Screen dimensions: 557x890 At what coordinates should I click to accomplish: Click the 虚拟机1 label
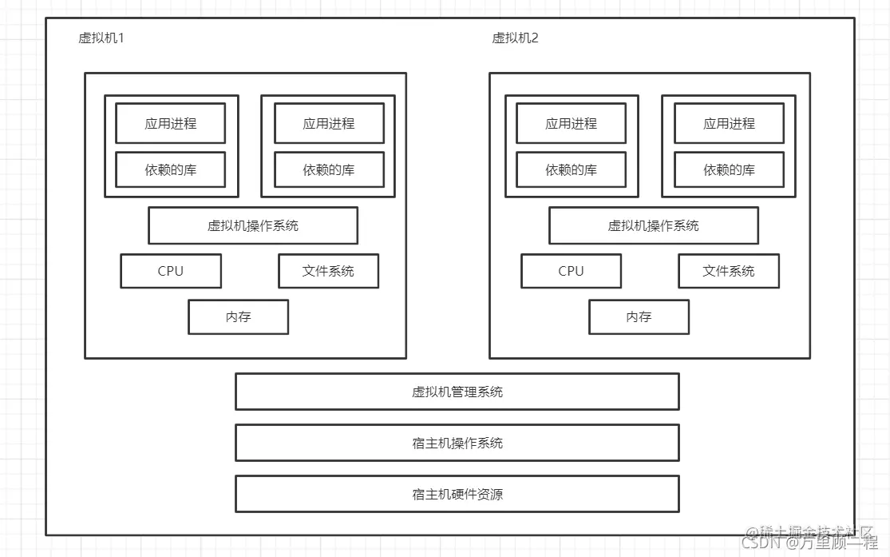tap(101, 38)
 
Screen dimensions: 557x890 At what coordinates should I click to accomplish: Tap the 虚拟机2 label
tap(515, 38)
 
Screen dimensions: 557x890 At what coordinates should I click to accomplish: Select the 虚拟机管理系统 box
tap(457, 392)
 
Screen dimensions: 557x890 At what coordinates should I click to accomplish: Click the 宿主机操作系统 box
tap(457, 443)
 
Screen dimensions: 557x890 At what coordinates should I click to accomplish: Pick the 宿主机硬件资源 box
tap(457, 494)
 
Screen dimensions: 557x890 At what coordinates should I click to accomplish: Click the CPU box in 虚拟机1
tap(171, 271)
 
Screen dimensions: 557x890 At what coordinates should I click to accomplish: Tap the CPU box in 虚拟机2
tap(571, 271)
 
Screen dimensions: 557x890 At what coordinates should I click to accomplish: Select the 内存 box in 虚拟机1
tap(238, 317)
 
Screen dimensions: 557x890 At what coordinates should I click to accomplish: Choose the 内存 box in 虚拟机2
tap(639, 317)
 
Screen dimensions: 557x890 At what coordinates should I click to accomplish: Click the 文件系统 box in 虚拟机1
tap(328, 271)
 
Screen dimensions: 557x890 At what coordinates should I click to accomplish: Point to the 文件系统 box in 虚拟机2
tap(728, 271)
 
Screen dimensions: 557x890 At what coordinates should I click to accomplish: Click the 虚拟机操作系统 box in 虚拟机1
tap(252, 225)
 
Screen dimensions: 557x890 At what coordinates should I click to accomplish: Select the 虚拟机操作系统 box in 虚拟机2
tap(653, 225)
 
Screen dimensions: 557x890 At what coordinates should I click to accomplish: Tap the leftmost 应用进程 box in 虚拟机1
tap(170, 124)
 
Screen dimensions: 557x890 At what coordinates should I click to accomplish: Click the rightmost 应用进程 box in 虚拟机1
tap(328, 124)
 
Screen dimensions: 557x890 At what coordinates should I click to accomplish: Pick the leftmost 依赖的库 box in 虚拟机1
tap(170, 169)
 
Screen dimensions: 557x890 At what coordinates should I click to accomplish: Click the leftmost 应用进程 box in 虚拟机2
tap(571, 124)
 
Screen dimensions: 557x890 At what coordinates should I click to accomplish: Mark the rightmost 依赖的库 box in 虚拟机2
tap(729, 169)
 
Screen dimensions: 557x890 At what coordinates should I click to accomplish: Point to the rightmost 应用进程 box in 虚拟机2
tap(729, 124)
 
